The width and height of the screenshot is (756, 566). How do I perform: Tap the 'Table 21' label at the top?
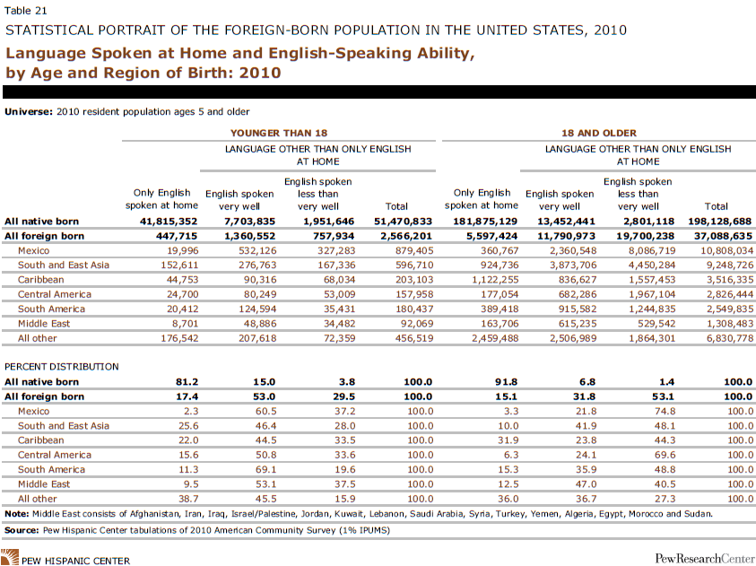pyautogui.click(x=24, y=10)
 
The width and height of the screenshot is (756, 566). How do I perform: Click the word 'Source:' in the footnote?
pyautogui.click(x=24, y=529)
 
